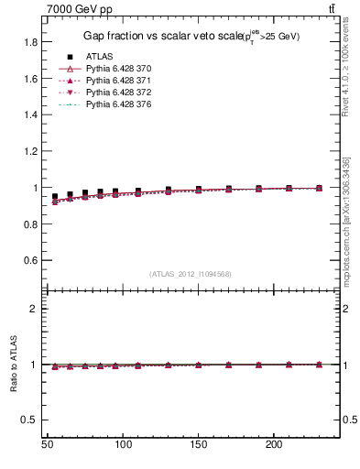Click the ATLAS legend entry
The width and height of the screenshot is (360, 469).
[x=99, y=57]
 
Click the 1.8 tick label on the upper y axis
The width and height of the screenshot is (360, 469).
[x=30, y=42]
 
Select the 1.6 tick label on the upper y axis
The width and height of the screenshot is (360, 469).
[x=30, y=79]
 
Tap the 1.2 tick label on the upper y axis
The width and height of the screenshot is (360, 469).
[x=30, y=151]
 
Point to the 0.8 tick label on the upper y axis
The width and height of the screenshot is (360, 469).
[x=30, y=224]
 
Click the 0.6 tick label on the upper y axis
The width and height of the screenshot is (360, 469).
[x=30, y=260]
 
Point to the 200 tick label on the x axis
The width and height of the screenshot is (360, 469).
[x=273, y=443]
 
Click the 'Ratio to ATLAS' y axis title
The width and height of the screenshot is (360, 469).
[x=14, y=365]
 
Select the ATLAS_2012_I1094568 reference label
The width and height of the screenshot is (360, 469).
[x=191, y=274]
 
